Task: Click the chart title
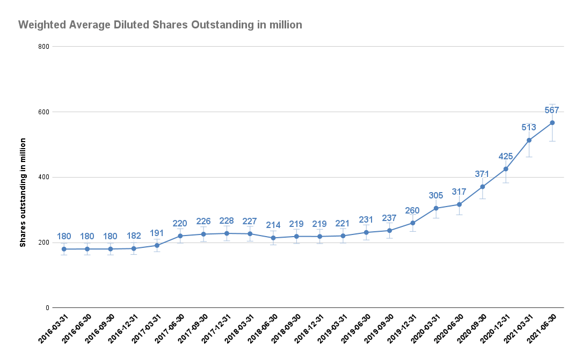click(x=160, y=25)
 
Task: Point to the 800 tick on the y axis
click(x=44, y=47)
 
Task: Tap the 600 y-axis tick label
click(x=44, y=112)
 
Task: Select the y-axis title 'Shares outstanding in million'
click(x=23, y=192)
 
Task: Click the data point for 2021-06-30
click(x=552, y=123)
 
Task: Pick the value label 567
click(x=552, y=111)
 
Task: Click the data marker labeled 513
click(x=529, y=141)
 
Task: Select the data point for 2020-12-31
click(x=506, y=169)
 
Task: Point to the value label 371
click(x=482, y=174)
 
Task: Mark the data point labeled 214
click(x=273, y=238)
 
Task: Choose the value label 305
click(x=436, y=196)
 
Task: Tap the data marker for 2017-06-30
click(x=180, y=236)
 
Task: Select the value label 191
click(x=157, y=233)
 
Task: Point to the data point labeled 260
click(x=413, y=223)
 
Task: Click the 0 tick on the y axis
click(x=47, y=308)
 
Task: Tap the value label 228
click(x=227, y=221)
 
